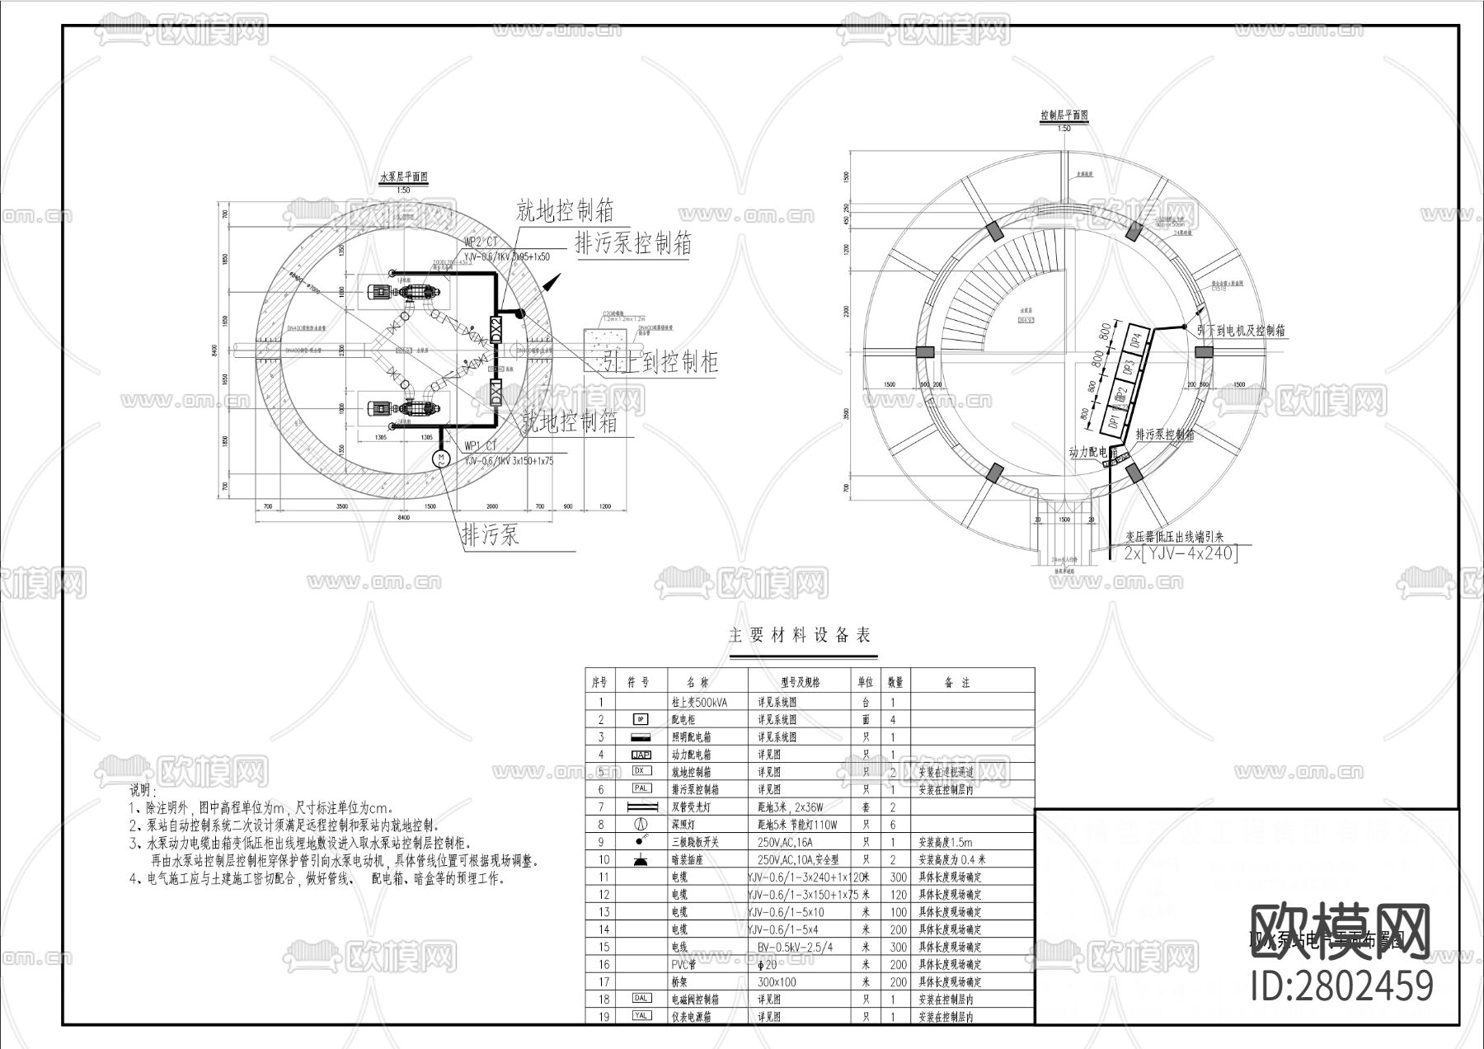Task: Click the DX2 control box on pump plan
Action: coord(495,330)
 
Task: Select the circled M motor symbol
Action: coord(441,458)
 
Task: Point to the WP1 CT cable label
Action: coord(481,448)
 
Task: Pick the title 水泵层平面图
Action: coord(403,177)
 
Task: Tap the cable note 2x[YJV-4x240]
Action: coord(1181,554)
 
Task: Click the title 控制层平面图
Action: coord(1064,116)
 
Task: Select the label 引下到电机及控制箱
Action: coord(1241,331)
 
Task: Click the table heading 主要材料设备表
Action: coord(800,635)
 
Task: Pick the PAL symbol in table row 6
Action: coord(641,789)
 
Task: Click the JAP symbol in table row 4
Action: coord(641,755)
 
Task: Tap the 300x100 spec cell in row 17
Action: coord(777,981)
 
